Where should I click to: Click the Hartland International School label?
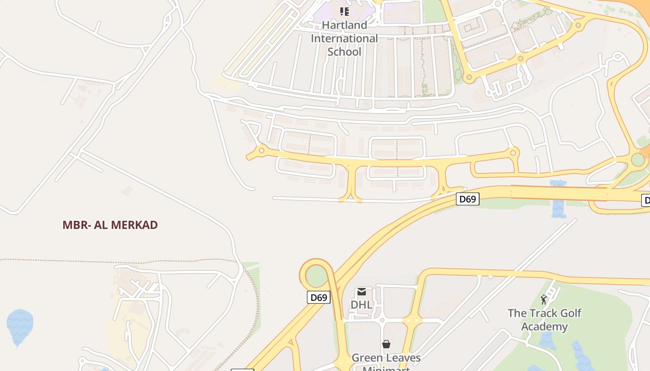[344, 38]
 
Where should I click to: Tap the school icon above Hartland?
[344, 11]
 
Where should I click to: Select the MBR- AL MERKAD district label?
[110, 225]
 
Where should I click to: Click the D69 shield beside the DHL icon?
[318, 297]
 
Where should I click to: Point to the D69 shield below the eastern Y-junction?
[467, 199]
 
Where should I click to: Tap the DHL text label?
[361, 305]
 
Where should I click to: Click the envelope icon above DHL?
[361, 292]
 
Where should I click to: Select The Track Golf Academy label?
[544, 320]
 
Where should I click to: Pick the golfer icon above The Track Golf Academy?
[544, 300]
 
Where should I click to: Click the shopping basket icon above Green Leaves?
[386, 344]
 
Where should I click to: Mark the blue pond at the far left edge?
[19, 326]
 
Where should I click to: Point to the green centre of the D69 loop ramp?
[317, 276]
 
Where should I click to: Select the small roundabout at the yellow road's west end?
[262, 150]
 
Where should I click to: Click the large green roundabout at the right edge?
[638, 160]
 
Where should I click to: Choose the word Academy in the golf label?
[544, 326]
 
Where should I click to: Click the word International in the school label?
[344, 38]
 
